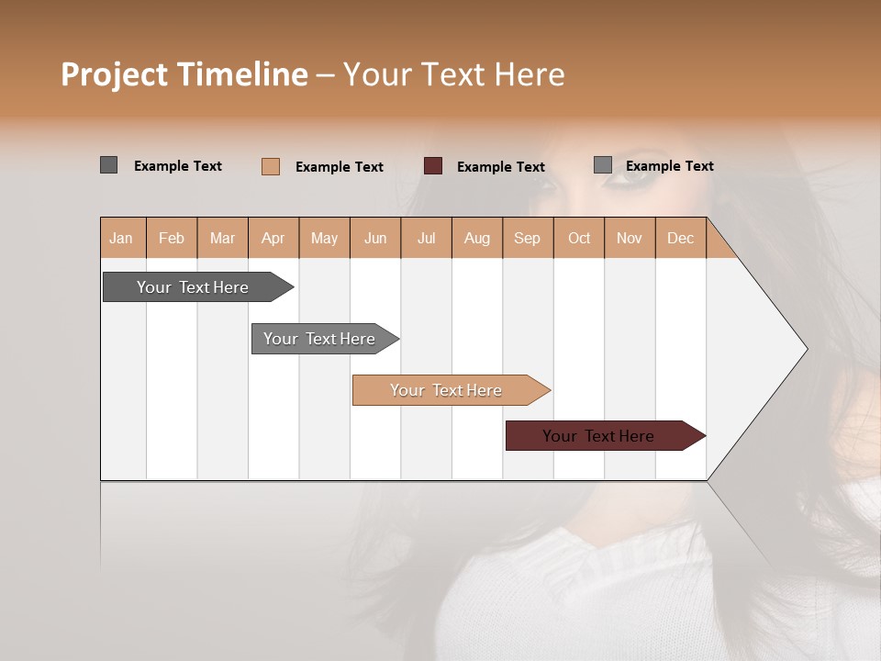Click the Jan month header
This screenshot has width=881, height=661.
click(121, 238)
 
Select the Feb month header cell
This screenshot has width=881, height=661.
click(172, 238)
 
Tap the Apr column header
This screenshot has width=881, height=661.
click(273, 238)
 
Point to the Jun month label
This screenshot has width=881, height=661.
click(375, 238)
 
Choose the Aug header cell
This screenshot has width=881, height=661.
click(476, 238)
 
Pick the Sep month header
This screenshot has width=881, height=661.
click(527, 238)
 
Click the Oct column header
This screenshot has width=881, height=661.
click(579, 238)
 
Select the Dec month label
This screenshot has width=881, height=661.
click(680, 238)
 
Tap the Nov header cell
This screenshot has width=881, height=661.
click(630, 238)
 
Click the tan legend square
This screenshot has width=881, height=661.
click(271, 166)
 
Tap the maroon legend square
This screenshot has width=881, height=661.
click(433, 166)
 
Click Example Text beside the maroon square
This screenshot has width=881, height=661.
click(500, 167)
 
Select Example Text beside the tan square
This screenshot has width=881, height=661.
click(339, 167)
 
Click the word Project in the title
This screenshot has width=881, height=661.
click(114, 74)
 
